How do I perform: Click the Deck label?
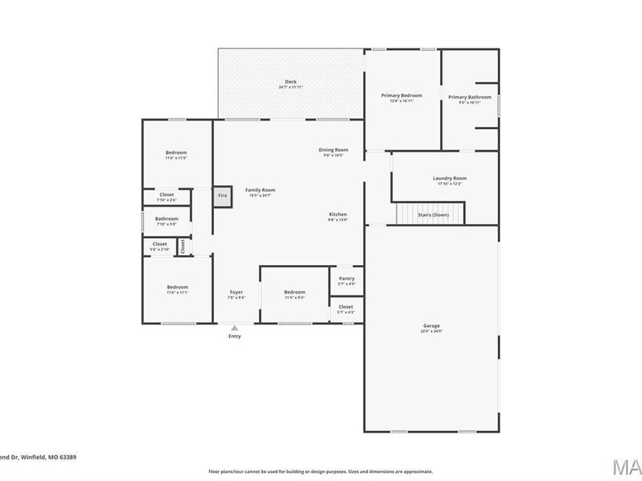pos(290,82)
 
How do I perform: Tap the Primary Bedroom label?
pos(401,95)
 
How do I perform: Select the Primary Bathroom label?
pos(469,97)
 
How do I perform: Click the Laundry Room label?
pos(449,178)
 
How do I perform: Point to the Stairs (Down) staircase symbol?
pos(430,213)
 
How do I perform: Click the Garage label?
pos(431,326)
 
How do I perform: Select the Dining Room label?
pos(333,150)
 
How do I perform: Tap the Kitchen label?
pos(337,214)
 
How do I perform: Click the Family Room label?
pos(260,190)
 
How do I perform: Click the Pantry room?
pos(347,280)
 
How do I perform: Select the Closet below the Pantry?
pos(346,309)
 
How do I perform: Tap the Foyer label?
pos(236,292)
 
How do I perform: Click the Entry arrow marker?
pos(235,328)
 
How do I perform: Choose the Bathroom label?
pos(166,219)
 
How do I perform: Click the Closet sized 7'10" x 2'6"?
pos(166,197)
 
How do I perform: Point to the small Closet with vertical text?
pos(183,246)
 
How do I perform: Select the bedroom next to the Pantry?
pos(294,294)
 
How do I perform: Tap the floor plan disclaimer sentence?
pos(320,471)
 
